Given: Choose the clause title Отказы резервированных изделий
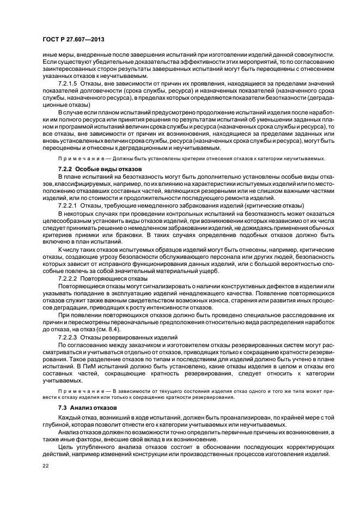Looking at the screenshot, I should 130,337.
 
